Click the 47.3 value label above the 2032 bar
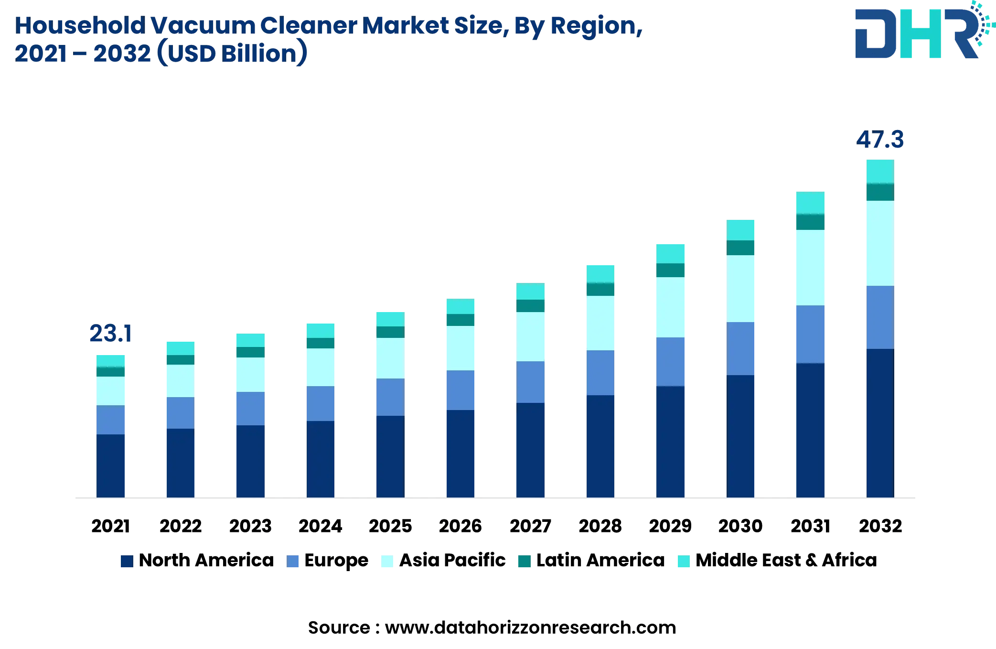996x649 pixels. click(x=879, y=140)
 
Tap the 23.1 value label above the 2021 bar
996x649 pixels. click(x=110, y=334)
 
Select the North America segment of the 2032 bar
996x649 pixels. click(x=880, y=423)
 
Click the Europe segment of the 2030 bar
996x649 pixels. click(x=740, y=348)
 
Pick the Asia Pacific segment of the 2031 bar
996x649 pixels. click(x=810, y=268)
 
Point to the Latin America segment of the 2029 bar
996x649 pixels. click(x=670, y=270)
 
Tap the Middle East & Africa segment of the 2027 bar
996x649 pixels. click(x=530, y=291)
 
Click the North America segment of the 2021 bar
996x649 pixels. click(x=110, y=466)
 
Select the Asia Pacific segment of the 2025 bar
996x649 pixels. click(x=390, y=358)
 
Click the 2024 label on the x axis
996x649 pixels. click(x=320, y=526)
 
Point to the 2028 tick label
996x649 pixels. click(x=600, y=526)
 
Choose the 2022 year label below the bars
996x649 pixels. click(x=180, y=526)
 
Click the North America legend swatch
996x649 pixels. click(x=127, y=561)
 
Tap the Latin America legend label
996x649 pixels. click(x=600, y=560)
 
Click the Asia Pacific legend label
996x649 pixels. click(x=452, y=560)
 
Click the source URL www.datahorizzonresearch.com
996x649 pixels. click(x=530, y=627)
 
